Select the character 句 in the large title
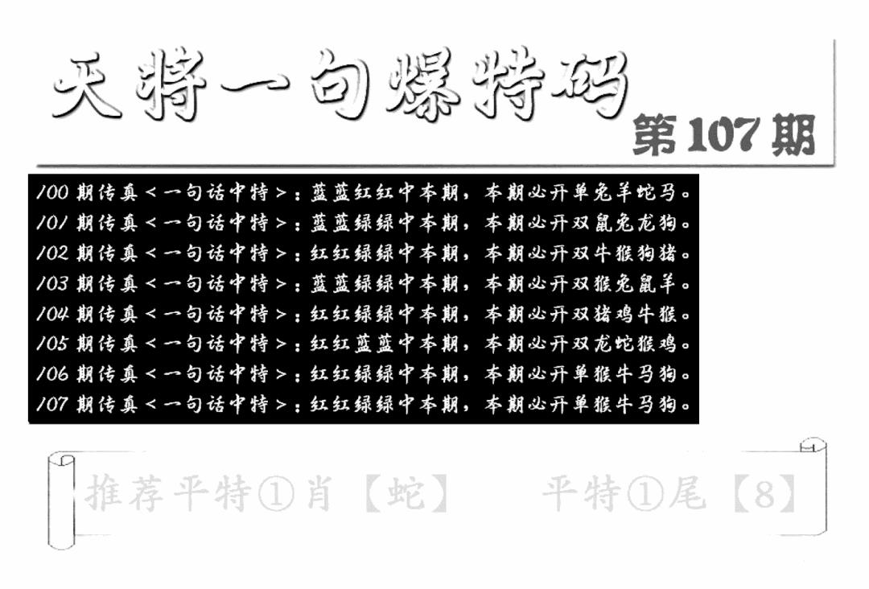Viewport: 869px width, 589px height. (x=339, y=89)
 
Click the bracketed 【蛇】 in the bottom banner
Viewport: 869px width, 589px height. (x=406, y=494)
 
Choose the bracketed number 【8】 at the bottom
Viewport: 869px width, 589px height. (x=764, y=494)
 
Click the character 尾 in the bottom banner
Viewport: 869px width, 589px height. (x=686, y=494)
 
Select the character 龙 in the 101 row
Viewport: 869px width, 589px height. (x=644, y=224)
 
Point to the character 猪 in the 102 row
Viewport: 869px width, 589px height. (x=665, y=254)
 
